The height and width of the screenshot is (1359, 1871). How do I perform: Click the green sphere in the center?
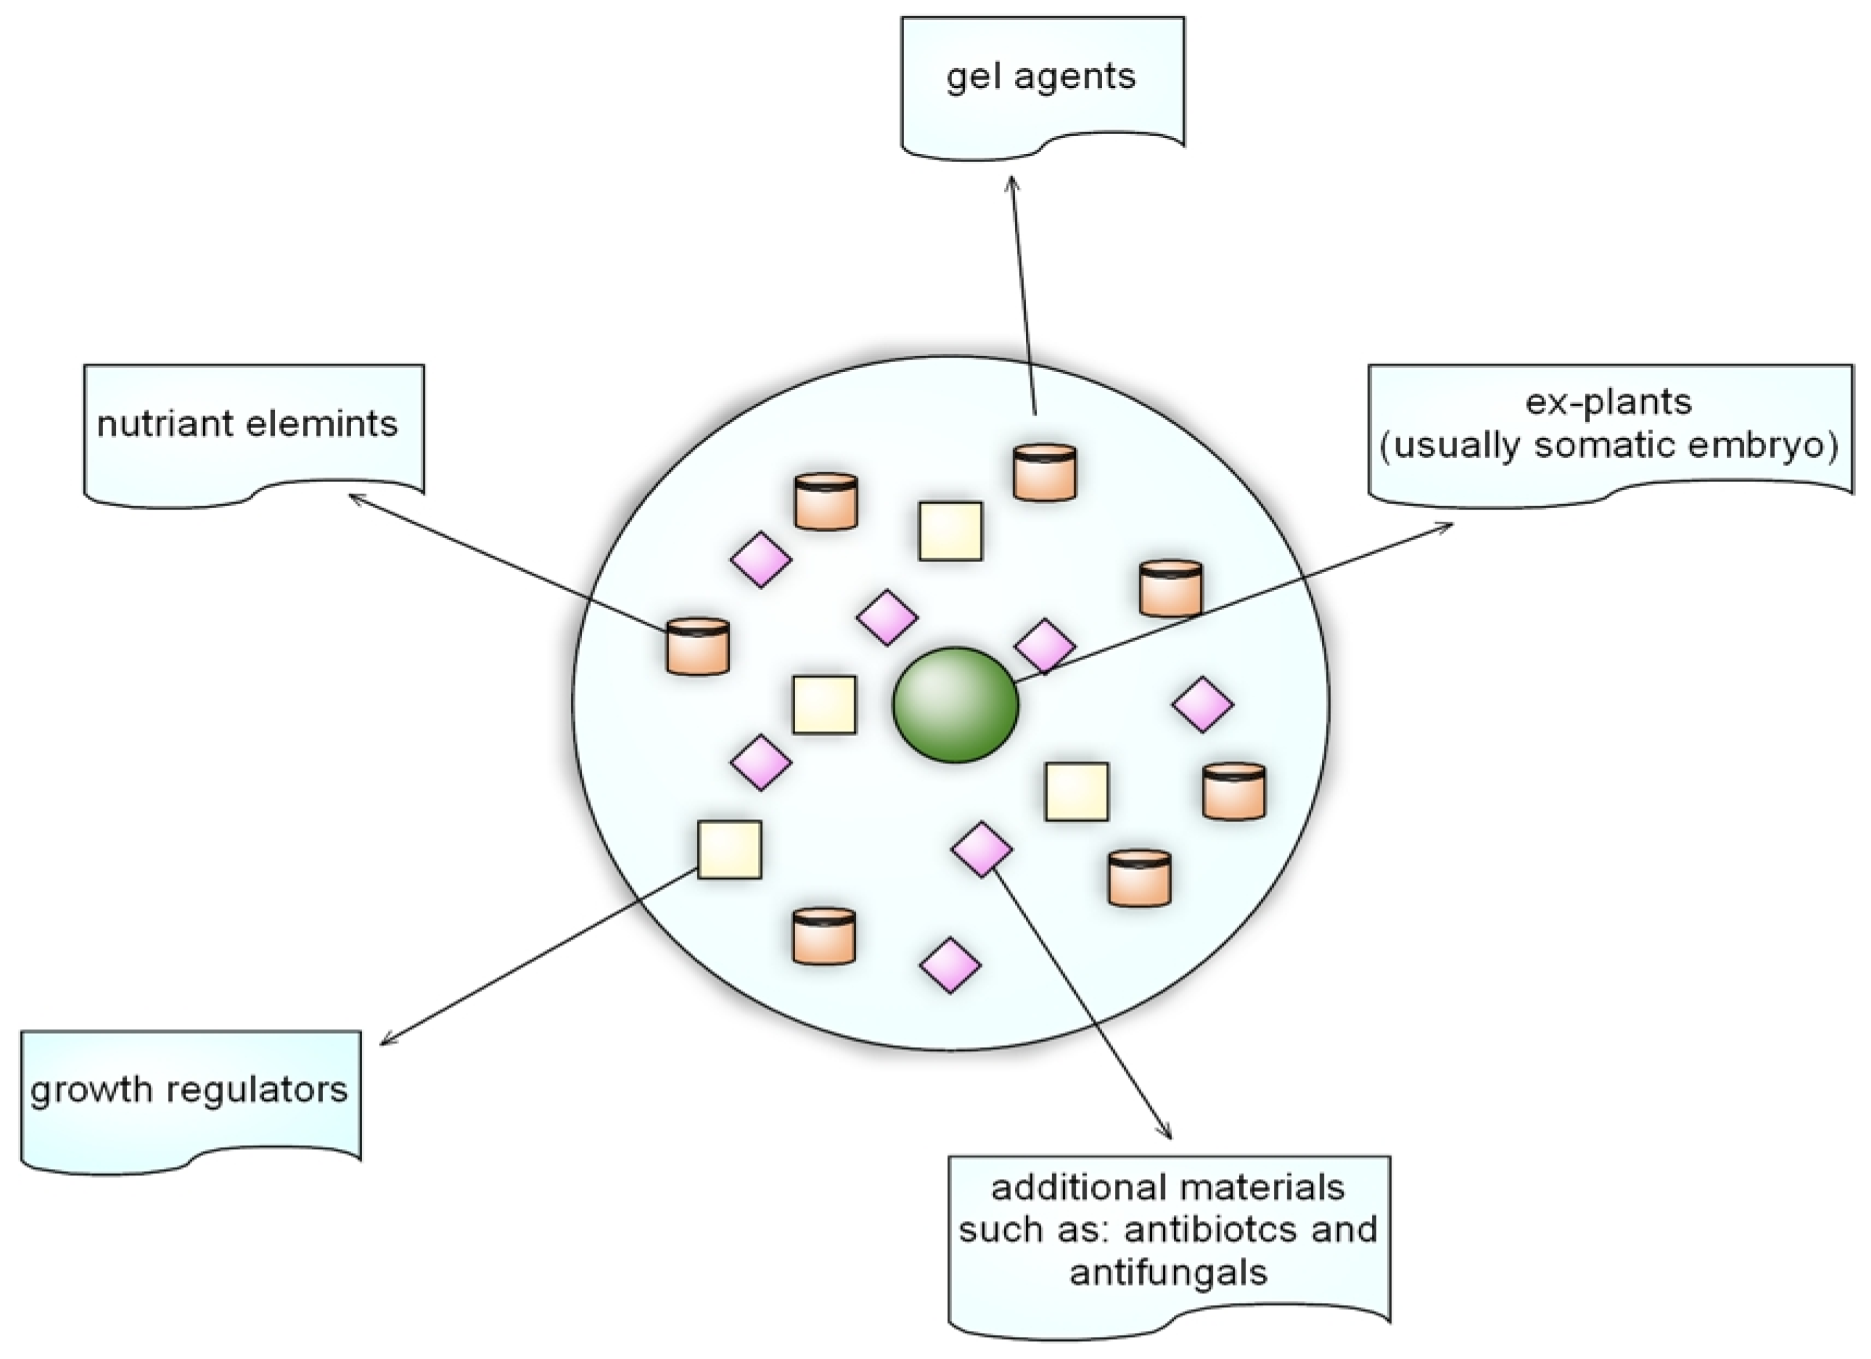[x=955, y=704]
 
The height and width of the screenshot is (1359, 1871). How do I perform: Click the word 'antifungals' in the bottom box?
[x=1168, y=1272]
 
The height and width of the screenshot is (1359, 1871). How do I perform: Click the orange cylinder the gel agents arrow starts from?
[x=1044, y=473]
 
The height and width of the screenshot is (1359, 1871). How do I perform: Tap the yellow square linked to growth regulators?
[x=729, y=849]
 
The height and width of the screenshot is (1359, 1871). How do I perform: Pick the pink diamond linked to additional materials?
[x=982, y=849]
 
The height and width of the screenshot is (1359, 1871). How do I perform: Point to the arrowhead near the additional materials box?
[x=1168, y=1135]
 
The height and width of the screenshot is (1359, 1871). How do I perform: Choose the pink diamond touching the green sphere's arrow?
[x=1044, y=646]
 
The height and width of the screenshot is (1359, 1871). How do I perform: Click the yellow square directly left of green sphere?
[x=824, y=704]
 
